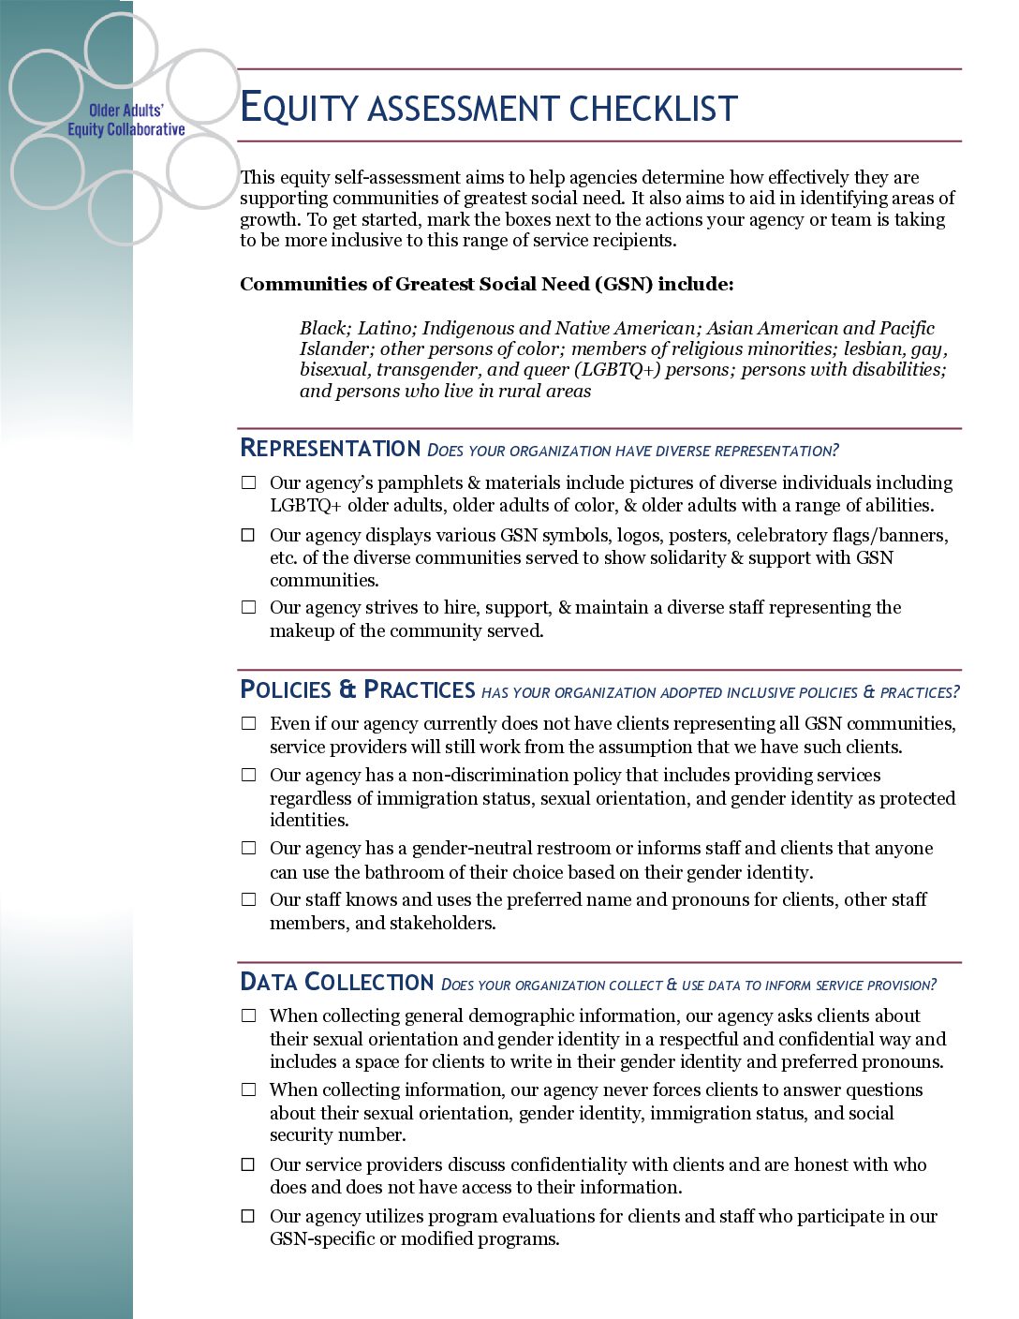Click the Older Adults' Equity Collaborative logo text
pyautogui.click(x=126, y=120)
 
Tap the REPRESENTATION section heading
pyautogui.click(x=330, y=449)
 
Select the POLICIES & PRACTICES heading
pyautogui.click(x=357, y=690)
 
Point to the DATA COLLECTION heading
pyautogui.click(x=336, y=983)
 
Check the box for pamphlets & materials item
pyautogui.click(x=248, y=483)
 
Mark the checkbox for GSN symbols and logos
pyautogui.click(x=248, y=536)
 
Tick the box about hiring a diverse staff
pyautogui.click(x=248, y=608)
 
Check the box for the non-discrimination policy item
pyautogui.click(x=248, y=776)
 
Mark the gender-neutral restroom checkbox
pyautogui.click(x=248, y=849)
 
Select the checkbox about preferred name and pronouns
pyautogui.click(x=248, y=900)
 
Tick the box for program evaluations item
pyautogui.click(x=248, y=1217)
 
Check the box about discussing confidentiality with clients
pyautogui.click(x=248, y=1165)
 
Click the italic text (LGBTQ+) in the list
pyautogui.click(x=617, y=370)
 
